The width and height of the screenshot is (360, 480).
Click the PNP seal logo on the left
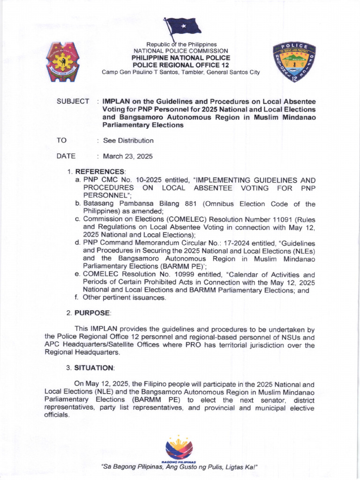coord(62,62)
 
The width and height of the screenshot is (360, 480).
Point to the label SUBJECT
coord(73,102)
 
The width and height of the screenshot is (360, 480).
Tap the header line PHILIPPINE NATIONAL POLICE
coord(180,58)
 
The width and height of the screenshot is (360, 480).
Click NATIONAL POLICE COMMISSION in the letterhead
coord(180,51)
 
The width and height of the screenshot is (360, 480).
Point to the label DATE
coord(66,157)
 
